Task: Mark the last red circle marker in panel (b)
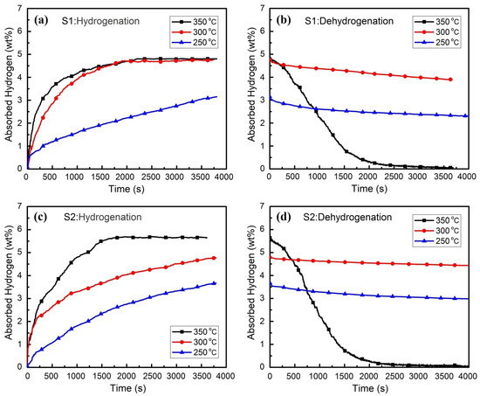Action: tap(449, 80)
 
